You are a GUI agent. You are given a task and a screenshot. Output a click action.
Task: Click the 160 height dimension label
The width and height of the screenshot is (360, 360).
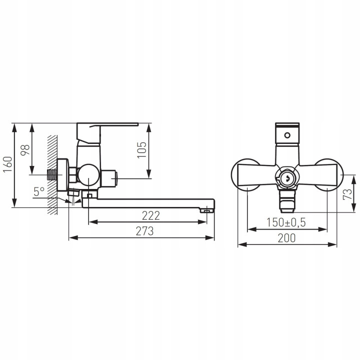point(7,164)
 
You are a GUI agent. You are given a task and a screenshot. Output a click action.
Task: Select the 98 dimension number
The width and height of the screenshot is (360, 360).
point(25,150)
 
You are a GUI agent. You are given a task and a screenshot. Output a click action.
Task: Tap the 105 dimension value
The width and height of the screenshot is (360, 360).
point(141,150)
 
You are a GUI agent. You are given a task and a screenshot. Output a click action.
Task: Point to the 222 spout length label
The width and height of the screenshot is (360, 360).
point(151,215)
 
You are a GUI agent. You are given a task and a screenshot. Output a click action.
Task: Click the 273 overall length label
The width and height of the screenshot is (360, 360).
point(144,231)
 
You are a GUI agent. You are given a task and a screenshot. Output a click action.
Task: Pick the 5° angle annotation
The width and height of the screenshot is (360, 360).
point(39,191)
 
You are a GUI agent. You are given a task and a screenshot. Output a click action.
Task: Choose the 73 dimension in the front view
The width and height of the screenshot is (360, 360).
point(347,194)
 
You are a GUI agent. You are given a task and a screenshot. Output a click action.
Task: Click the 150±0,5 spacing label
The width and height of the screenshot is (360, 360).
point(286,222)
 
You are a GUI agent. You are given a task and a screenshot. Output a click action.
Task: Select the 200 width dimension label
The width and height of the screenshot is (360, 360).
point(287,238)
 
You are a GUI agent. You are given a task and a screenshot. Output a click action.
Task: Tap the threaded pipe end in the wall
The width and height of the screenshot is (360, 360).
point(52,174)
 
